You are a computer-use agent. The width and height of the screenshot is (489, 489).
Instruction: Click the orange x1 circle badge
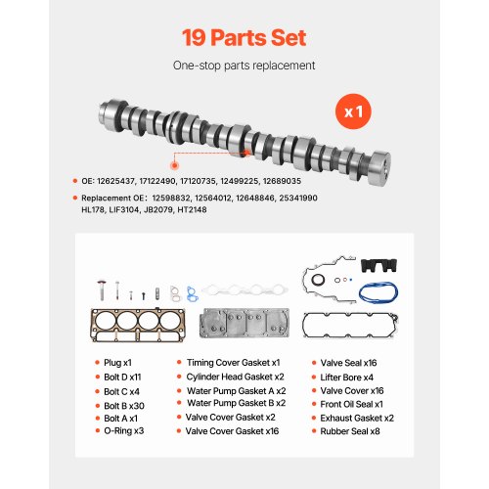click(353, 111)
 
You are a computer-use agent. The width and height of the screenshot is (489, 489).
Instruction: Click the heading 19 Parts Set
click(244, 38)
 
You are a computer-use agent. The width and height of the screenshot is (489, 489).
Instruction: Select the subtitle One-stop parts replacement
click(244, 66)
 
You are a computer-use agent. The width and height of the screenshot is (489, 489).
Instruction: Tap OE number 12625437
click(116, 181)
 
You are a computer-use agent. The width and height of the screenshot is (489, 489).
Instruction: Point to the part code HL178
click(93, 209)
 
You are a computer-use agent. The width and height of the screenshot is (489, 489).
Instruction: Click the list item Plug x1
click(117, 363)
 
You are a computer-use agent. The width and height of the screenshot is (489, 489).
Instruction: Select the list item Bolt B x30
click(124, 406)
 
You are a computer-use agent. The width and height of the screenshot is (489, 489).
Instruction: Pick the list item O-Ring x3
click(124, 430)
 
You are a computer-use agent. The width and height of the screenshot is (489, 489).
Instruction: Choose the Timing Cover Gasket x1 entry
click(234, 363)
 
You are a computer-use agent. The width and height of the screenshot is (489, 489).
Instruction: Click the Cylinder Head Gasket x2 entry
click(235, 377)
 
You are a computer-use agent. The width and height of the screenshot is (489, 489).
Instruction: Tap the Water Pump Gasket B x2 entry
click(237, 403)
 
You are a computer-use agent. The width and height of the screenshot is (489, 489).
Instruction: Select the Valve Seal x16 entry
click(348, 363)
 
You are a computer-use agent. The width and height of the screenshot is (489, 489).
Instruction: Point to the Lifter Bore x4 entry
click(347, 378)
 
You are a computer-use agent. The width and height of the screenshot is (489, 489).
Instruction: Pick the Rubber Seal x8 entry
click(350, 431)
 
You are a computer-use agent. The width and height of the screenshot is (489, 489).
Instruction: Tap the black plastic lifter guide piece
click(378, 265)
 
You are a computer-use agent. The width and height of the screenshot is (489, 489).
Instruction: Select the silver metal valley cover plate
click(244, 323)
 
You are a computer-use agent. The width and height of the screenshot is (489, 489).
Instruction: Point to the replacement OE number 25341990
click(298, 199)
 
